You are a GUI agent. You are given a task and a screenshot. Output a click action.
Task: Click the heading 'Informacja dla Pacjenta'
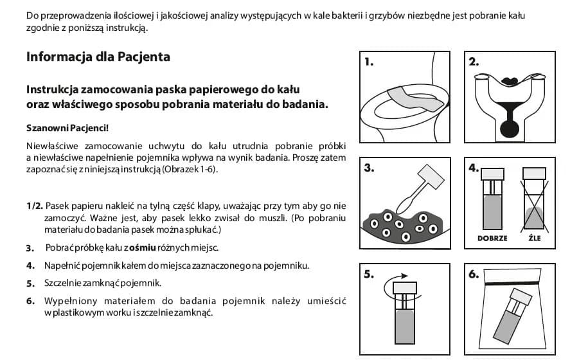pos(98,57)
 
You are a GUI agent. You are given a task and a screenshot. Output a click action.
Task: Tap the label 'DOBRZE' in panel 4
pos(492,238)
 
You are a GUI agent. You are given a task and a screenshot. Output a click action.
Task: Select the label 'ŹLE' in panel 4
pos(535,238)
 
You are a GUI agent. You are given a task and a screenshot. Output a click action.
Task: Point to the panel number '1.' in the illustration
pos(369,62)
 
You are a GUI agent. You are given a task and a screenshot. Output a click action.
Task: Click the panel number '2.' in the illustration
pos(475,62)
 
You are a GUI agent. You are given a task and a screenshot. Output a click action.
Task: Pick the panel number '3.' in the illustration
pos(369,168)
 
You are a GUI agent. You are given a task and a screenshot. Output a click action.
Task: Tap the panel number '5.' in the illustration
pos(369,274)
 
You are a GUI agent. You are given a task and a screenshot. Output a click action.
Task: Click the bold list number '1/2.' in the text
pos(35,206)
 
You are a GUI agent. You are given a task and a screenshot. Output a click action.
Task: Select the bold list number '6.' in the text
pos(30,301)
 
